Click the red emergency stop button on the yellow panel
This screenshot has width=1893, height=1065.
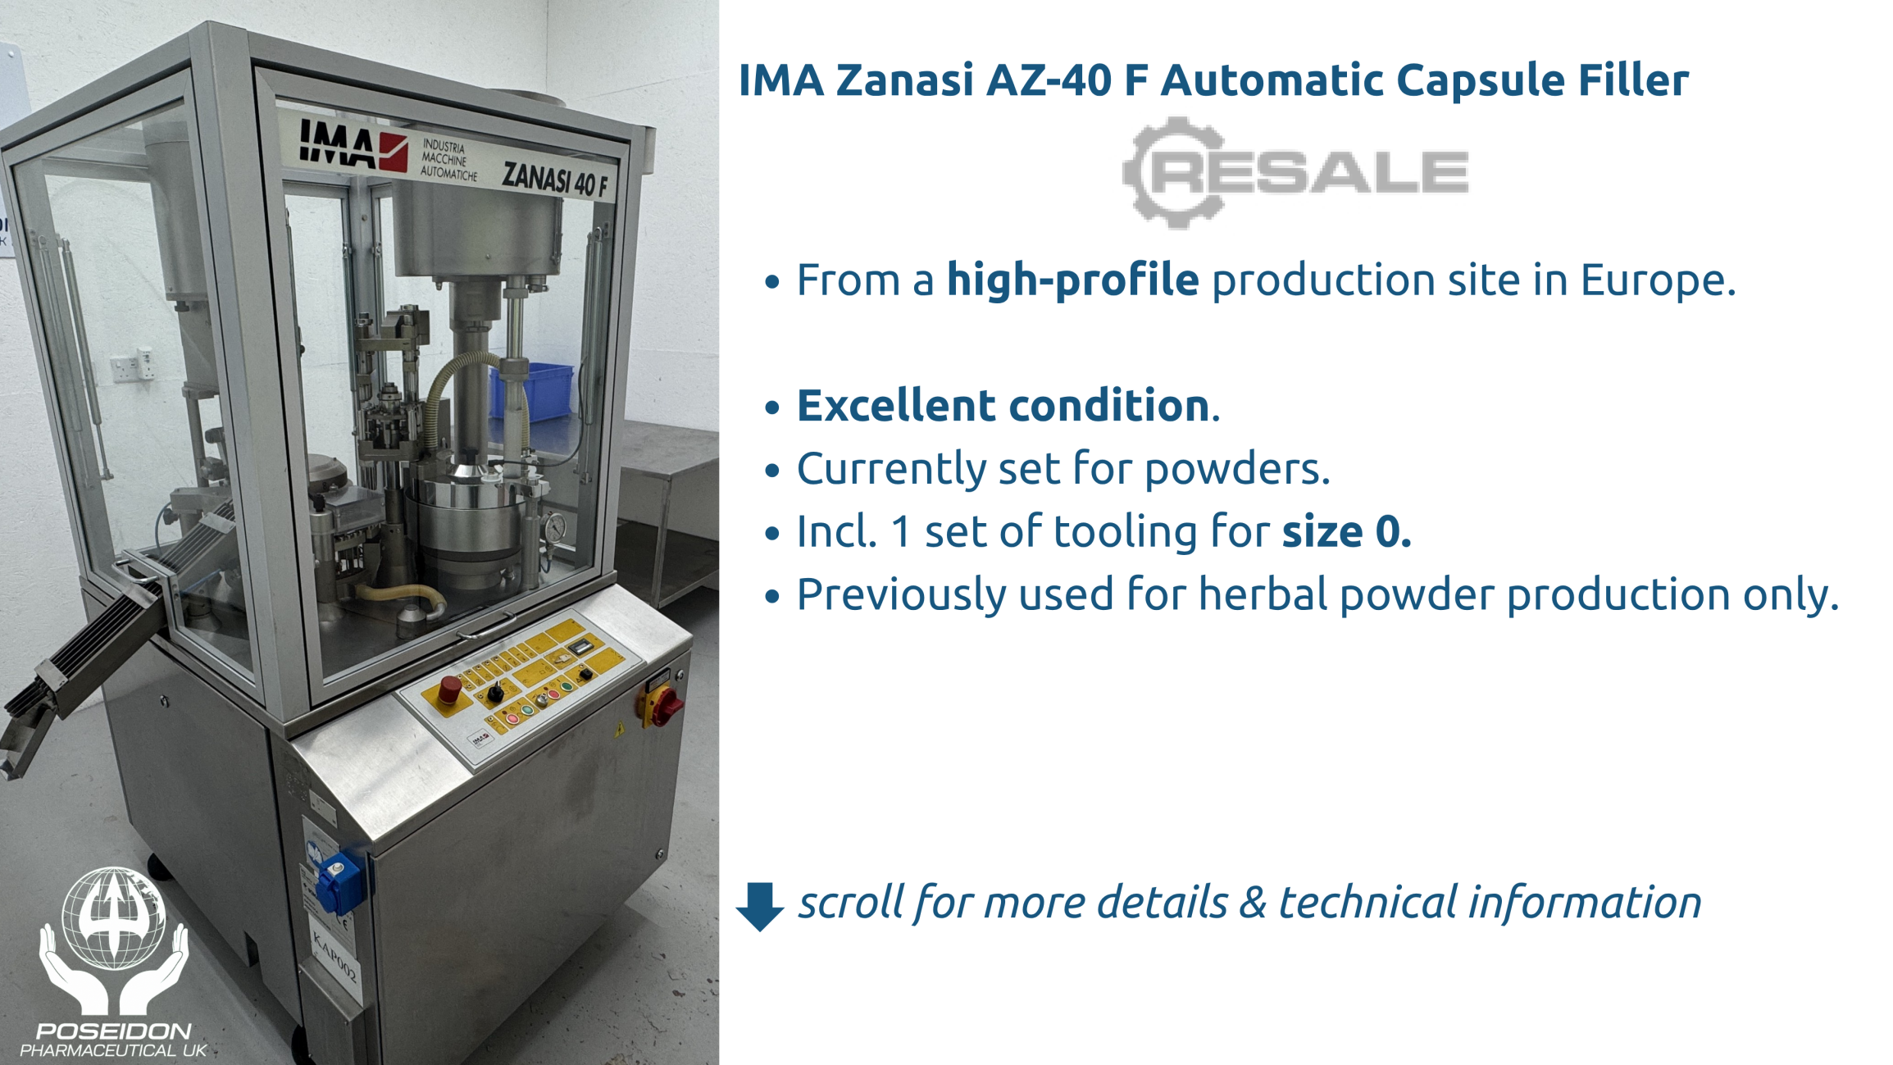[x=449, y=689]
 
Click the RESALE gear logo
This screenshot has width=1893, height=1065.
[x=1295, y=171]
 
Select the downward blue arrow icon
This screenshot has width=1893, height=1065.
[x=760, y=906]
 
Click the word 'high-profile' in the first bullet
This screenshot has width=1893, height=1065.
[x=1072, y=280]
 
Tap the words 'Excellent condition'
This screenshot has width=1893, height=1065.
[x=1003, y=405]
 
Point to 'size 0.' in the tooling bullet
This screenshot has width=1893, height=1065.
[x=1346, y=531]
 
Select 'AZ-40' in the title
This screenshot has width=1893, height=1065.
[x=1049, y=80]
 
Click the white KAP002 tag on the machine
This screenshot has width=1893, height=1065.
[x=334, y=954]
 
